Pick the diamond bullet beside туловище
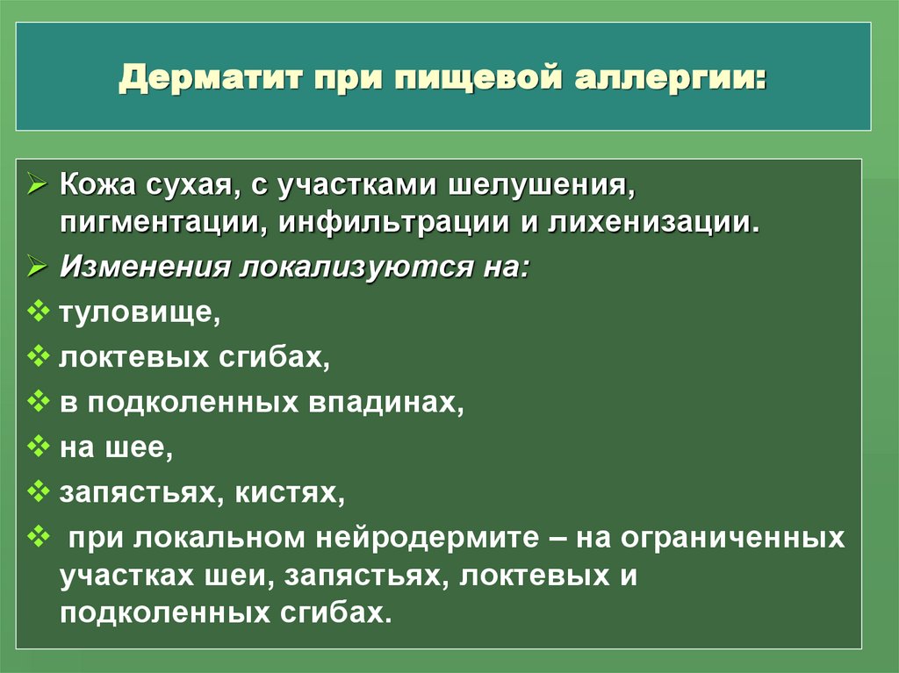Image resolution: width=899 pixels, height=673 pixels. tap(40, 311)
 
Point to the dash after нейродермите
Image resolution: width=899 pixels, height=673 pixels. tap(554, 537)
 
